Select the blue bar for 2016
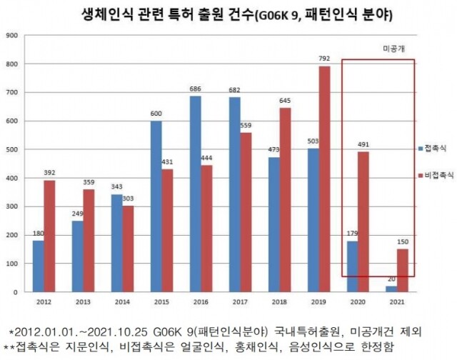point(195,194)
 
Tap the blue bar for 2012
point(38,266)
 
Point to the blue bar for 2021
point(391,289)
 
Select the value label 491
point(364,144)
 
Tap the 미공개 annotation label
point(390,49)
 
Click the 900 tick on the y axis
point(10,35)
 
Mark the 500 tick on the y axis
point(10,149)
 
